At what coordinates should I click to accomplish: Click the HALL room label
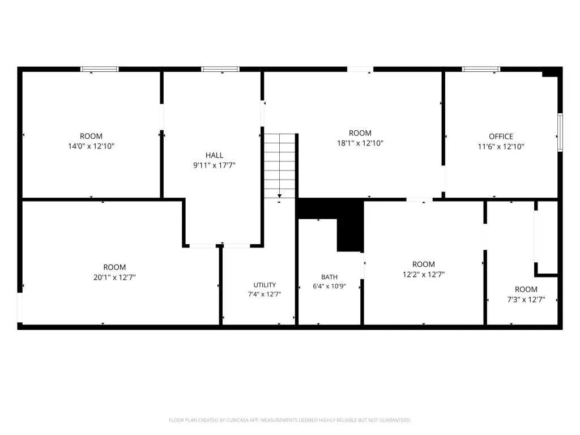(x=214, y=155)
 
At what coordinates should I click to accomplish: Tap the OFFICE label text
(x=501, y=137)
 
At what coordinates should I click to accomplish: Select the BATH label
(x=329, y=277)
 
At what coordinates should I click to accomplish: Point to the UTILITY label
(x=265, y=285)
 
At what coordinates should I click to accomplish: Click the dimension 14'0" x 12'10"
(x=91, y=146)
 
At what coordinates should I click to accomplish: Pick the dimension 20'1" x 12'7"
(x=114, y=277)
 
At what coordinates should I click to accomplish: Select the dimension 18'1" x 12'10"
(x=360, y=143)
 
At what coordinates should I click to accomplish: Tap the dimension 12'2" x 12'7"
(x=424, y=274)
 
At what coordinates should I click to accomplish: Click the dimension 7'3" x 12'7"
(x=526, y=299)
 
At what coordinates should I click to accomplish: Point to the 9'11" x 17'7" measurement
(x=214, y=165)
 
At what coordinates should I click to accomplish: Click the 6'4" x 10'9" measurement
(x=329, y=286)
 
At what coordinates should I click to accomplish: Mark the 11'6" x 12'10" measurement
(x=501, y=147)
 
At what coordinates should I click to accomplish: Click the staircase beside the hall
(x=280, y=166)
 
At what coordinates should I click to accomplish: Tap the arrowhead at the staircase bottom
(x=280, y=196)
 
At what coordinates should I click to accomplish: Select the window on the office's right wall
(x=560, y=133)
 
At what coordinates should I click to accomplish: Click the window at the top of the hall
(x=220, y=69)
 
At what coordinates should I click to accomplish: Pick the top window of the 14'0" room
(x=100, y=69)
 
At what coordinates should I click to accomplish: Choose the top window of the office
(x=481, y=69)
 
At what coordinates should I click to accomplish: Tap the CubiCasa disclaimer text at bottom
(x=289, y=420)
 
